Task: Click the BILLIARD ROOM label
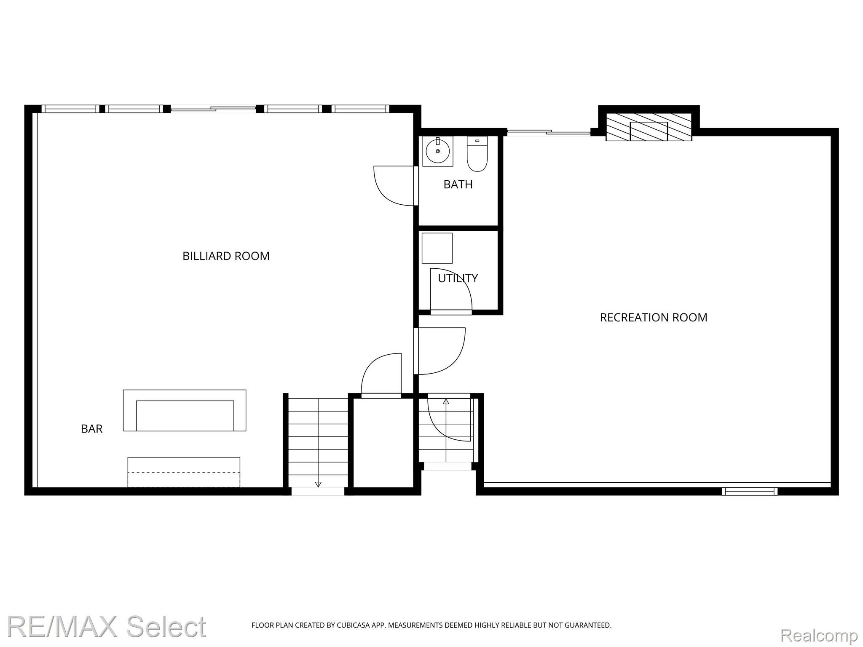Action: (226, 256)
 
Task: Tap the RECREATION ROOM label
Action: (653, 318)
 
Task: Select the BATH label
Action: (458, 184)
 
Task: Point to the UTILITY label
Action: (458, 278)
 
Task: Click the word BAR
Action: (91, 429)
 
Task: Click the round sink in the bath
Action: (437, 151)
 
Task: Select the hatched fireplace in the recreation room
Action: (649, 127)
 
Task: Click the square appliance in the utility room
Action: (437, 248)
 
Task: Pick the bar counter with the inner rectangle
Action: (185, 410)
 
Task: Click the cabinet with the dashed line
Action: (184, 472)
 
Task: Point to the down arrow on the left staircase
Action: (318, 484)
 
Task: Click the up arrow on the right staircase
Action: (446, 401)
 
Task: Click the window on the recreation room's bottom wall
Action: (749, 491)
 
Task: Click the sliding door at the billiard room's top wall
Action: (213, 109)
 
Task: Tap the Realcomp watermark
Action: (819, 635)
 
